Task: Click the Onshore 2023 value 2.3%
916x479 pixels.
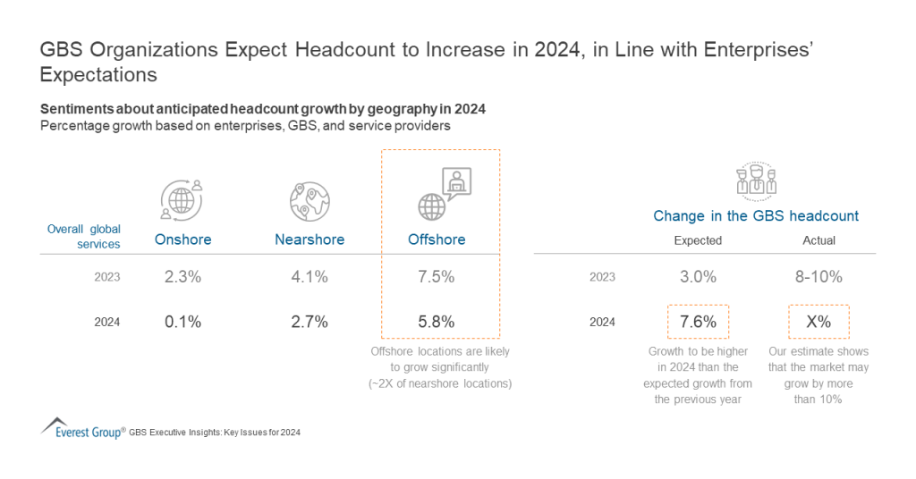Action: [182, 277]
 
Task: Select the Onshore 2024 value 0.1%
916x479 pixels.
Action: [182, 322]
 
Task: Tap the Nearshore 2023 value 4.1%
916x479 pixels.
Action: [310, 277]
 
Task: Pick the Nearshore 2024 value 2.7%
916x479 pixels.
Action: [310, 322]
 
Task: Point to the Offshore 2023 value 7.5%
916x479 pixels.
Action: [437, 277]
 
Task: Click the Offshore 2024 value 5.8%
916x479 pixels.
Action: [437, 322]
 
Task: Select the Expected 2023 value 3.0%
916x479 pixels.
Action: [698, 277]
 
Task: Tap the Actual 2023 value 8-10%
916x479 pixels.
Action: [818, 277]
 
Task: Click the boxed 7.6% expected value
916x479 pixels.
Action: [698, 322]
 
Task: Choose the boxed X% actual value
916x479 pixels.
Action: [818, 322]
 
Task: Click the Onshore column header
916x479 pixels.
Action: [182, 239]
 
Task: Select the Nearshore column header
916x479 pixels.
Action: [310, 239]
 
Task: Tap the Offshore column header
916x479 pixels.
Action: [437, 239]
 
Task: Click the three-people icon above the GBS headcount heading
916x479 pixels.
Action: [756, 180]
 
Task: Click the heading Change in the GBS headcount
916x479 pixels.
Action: [756, 215]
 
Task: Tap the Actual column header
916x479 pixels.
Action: [818, 240]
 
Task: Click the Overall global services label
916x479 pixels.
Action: [83, 237]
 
